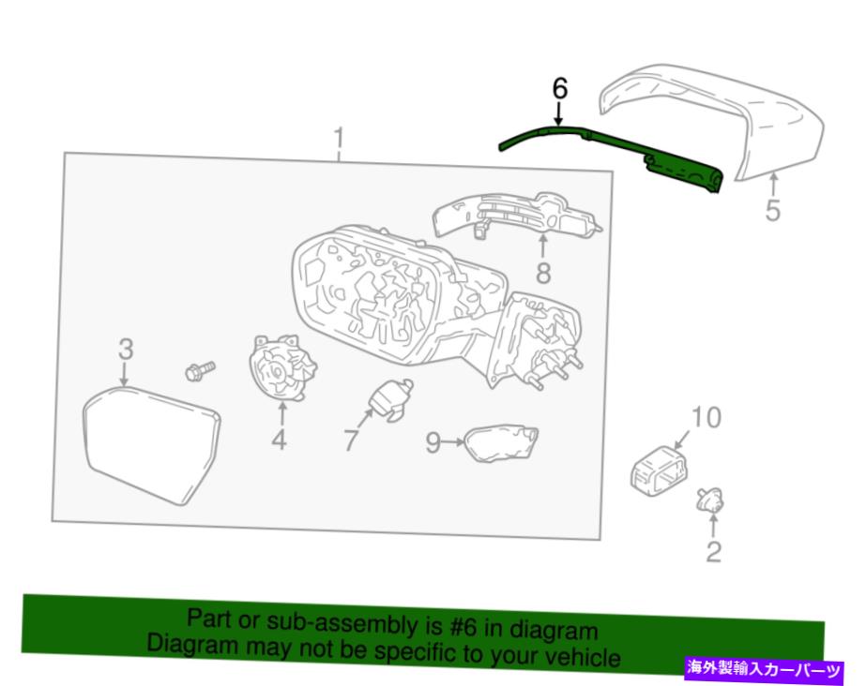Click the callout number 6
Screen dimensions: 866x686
559,89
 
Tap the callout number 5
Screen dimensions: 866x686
773,210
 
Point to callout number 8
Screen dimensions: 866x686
543,273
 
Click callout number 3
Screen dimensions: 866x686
126,349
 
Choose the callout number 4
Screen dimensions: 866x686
280,440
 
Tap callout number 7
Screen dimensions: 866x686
351,440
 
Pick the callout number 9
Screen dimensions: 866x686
433,441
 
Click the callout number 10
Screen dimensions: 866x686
706,417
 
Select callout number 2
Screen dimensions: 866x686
714,551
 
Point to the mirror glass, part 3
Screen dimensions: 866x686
151,444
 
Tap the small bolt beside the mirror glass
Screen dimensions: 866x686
200,370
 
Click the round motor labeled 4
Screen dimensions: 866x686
281,367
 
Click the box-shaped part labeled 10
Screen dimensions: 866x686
660,470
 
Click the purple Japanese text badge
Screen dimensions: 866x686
764,670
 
